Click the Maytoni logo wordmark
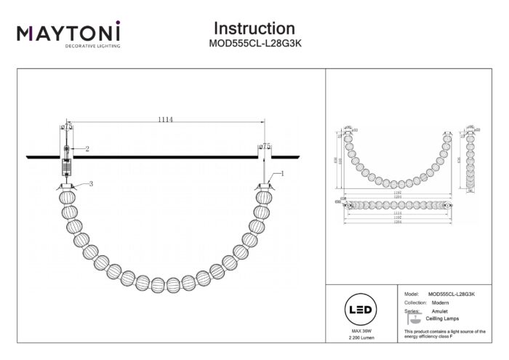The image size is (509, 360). [68, 32]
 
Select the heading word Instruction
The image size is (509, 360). [254, 28]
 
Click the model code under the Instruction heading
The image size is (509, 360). [254, 44]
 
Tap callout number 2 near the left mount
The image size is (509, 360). [87, 148]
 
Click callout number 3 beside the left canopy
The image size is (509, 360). [92, 183]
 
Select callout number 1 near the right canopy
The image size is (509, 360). [281, 173]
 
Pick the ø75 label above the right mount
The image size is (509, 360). [265, 147]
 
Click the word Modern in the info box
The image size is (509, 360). [439, 302]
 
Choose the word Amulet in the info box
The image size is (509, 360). [440, 311]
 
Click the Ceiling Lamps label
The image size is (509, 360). [441, 319]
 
